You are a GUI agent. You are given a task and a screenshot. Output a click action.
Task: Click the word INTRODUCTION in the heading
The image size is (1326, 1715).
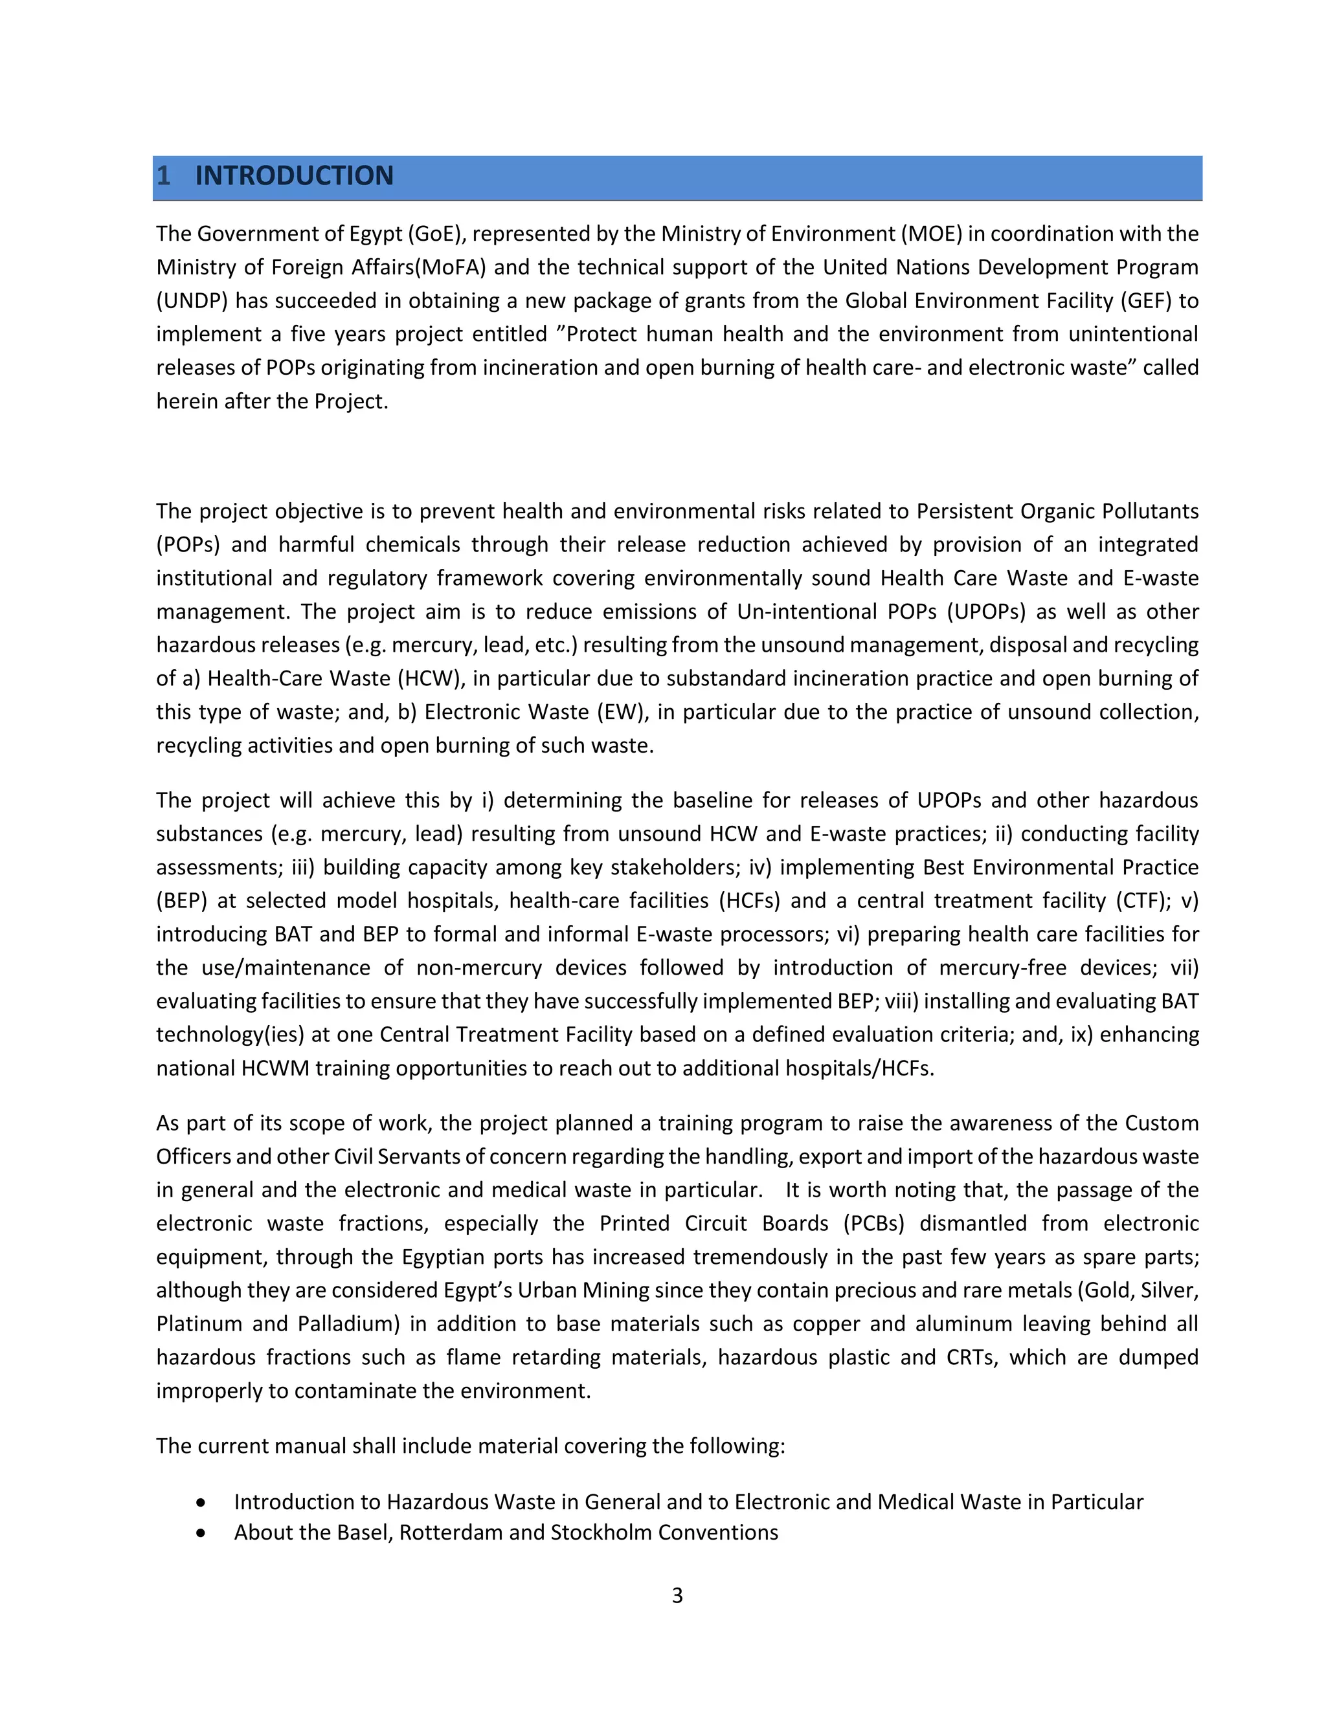tap(294, 176)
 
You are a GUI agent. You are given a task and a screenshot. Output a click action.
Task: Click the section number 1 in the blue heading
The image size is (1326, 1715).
tap(163, 176)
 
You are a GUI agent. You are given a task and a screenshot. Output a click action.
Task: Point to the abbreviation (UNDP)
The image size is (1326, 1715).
tap(192, 301)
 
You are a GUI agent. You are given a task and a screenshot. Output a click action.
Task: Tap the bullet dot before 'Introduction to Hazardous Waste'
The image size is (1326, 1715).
tap(202, 1502)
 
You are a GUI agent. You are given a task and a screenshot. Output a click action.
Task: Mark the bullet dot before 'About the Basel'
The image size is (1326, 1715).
tap(202, 1532)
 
